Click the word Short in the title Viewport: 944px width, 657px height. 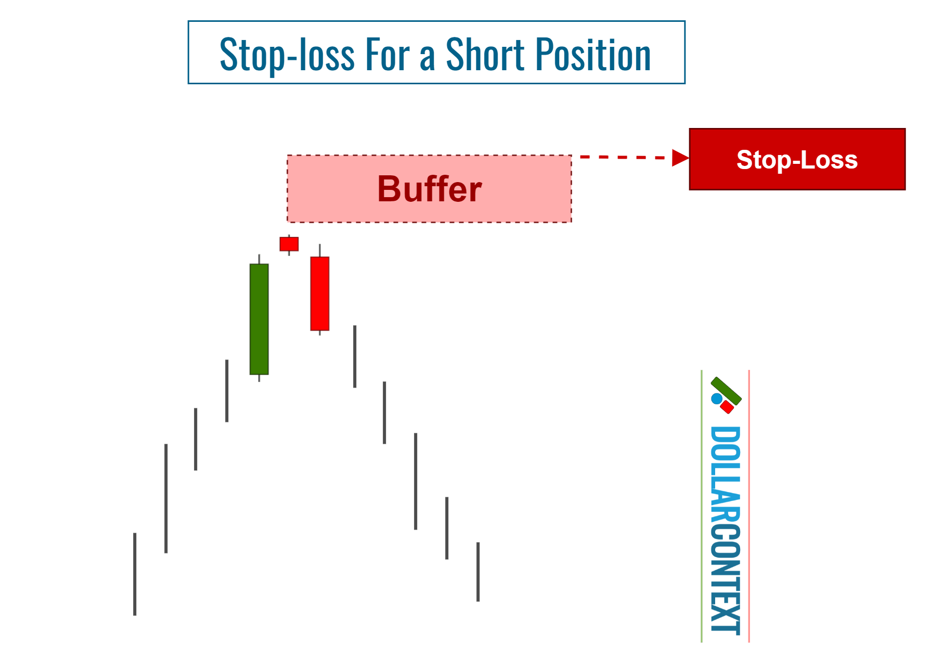[x=485, y=55]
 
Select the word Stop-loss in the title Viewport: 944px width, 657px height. [x=287, y=55]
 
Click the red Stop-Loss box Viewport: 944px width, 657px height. [x=797, y=159]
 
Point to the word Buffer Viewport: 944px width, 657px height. [x=429, y=189]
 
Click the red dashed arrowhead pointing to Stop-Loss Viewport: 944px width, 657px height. [x=680, y=158]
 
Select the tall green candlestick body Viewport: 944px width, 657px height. [x=259, y=319]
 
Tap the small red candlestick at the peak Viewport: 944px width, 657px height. [x=289, y=244]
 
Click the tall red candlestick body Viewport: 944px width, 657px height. [x=320, y=293]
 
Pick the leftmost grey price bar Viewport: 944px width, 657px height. [x=135, y=574]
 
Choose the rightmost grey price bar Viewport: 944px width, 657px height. [x=478, y=572]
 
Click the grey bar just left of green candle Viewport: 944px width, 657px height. [x=227, y=391]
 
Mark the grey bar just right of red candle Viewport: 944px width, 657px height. [x=355, y=356]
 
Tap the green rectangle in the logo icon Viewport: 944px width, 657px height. [x=726, y=391]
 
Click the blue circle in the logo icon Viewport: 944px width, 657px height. [x=717, y=399]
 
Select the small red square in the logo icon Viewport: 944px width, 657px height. [x=727, y=407]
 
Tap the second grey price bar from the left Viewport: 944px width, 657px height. [x=166, y=498]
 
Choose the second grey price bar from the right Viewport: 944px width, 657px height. [x=447, y=528]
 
